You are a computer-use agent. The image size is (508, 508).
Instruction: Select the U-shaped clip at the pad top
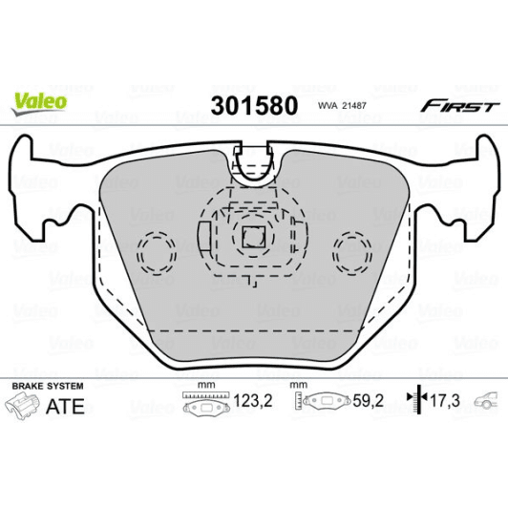coord(254,165)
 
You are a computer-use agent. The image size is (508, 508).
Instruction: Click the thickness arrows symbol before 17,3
coord(414,401)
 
